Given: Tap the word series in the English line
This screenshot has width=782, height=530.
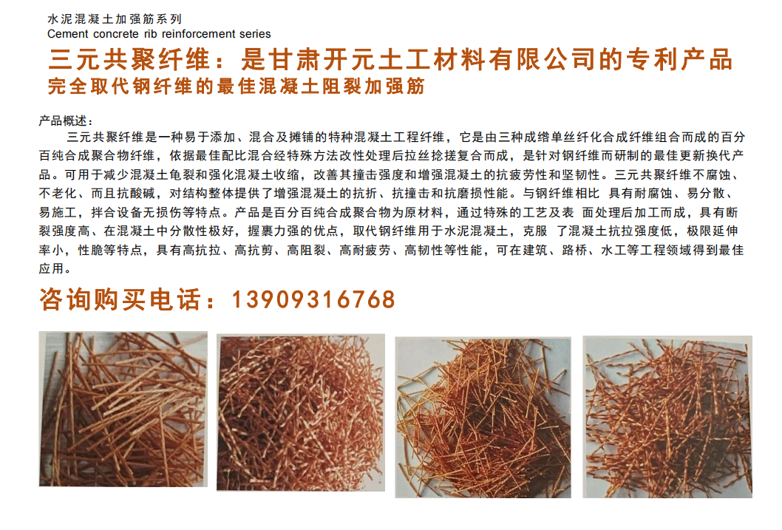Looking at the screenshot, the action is [x=255, y=34].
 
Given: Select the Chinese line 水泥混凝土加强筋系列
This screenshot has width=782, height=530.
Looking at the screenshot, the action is [x=115, y=19].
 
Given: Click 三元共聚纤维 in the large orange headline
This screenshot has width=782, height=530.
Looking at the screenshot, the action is [x=129, y=59].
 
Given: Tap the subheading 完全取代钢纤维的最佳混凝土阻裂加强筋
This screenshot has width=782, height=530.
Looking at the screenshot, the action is [x=237, y=86].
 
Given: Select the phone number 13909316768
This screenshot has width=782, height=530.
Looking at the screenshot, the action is [x=313, y=299].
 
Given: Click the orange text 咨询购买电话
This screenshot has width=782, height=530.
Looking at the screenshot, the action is [x=120, y=299].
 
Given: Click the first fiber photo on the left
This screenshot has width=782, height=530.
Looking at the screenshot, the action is [x=123, y=409].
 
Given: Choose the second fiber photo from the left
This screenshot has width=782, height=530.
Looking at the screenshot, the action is [x=301, y=412].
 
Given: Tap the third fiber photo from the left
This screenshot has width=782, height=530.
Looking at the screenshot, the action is [x=483, y=417].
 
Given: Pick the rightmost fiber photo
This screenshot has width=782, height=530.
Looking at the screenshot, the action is [x=667, y=417].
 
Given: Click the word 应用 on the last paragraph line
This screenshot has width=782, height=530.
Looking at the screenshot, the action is [x=51, y=269].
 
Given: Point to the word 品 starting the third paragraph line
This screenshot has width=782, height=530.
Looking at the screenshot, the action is [x=45, y=175].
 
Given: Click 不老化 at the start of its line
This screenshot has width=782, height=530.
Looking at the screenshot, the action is [x=58, y=194].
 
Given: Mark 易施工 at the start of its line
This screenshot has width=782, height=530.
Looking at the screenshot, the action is [x=58, y=212].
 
